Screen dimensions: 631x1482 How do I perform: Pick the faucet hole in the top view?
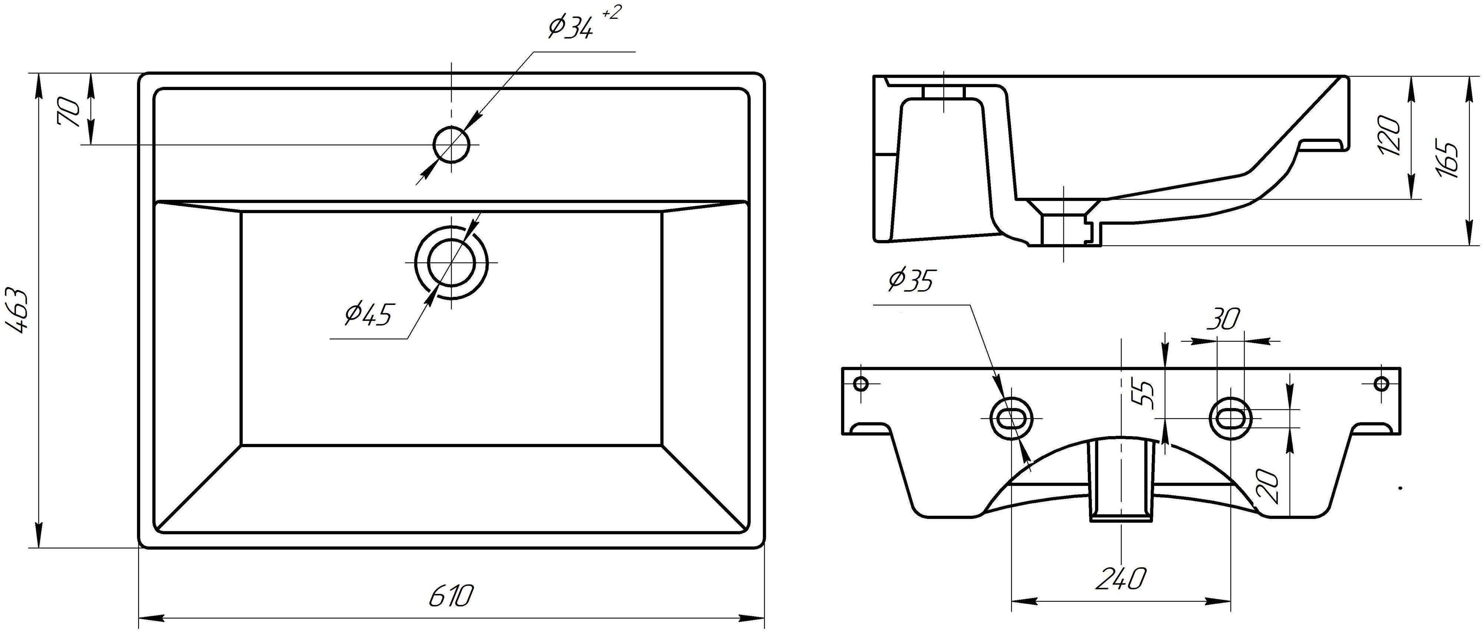tap(452, 145)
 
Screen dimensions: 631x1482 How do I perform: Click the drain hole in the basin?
tap(452, 262)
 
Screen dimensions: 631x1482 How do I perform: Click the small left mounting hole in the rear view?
tap(861, 383)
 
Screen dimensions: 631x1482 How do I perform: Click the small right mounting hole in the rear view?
tap(1381, 383)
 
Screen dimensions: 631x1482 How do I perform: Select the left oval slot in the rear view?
tap(1011, 418)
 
